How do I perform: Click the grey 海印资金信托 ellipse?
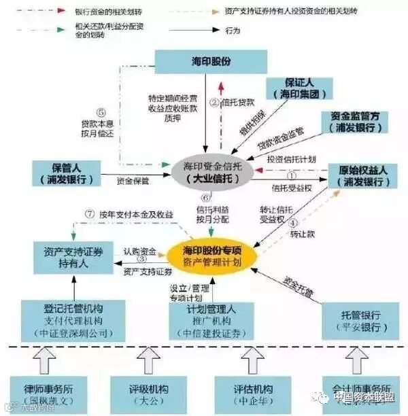[x=211, y=171]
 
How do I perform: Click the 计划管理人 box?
[x=213, y=320]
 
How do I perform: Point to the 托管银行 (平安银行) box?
[x=360, y=320]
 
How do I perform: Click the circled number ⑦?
[x=88, y=214]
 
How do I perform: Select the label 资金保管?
[x=133, y=181]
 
